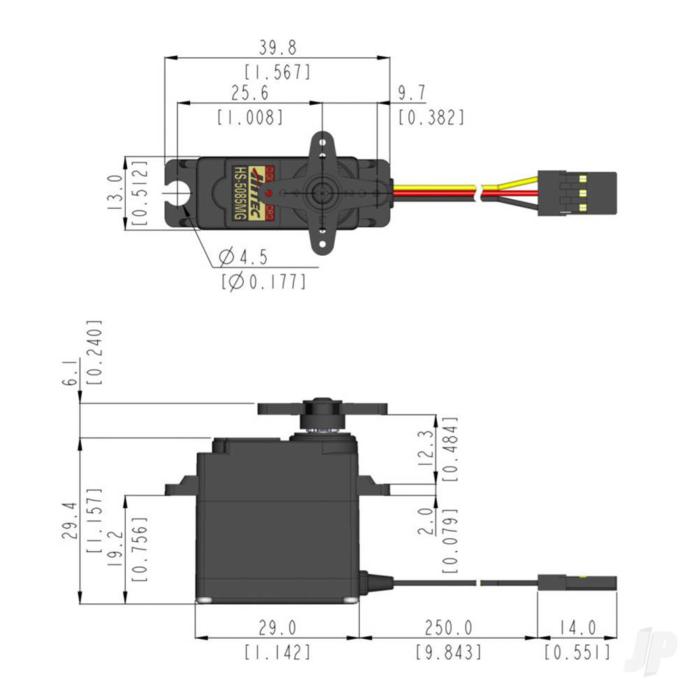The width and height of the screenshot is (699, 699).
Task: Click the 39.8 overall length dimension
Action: (277, 48)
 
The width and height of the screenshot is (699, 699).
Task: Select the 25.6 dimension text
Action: (250, 92)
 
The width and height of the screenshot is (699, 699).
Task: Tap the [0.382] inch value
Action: (431, 117)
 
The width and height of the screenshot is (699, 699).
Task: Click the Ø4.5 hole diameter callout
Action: (243, 257)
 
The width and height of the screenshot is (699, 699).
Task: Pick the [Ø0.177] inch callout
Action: (264, 282)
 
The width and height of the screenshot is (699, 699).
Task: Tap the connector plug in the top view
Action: (577, 193)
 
